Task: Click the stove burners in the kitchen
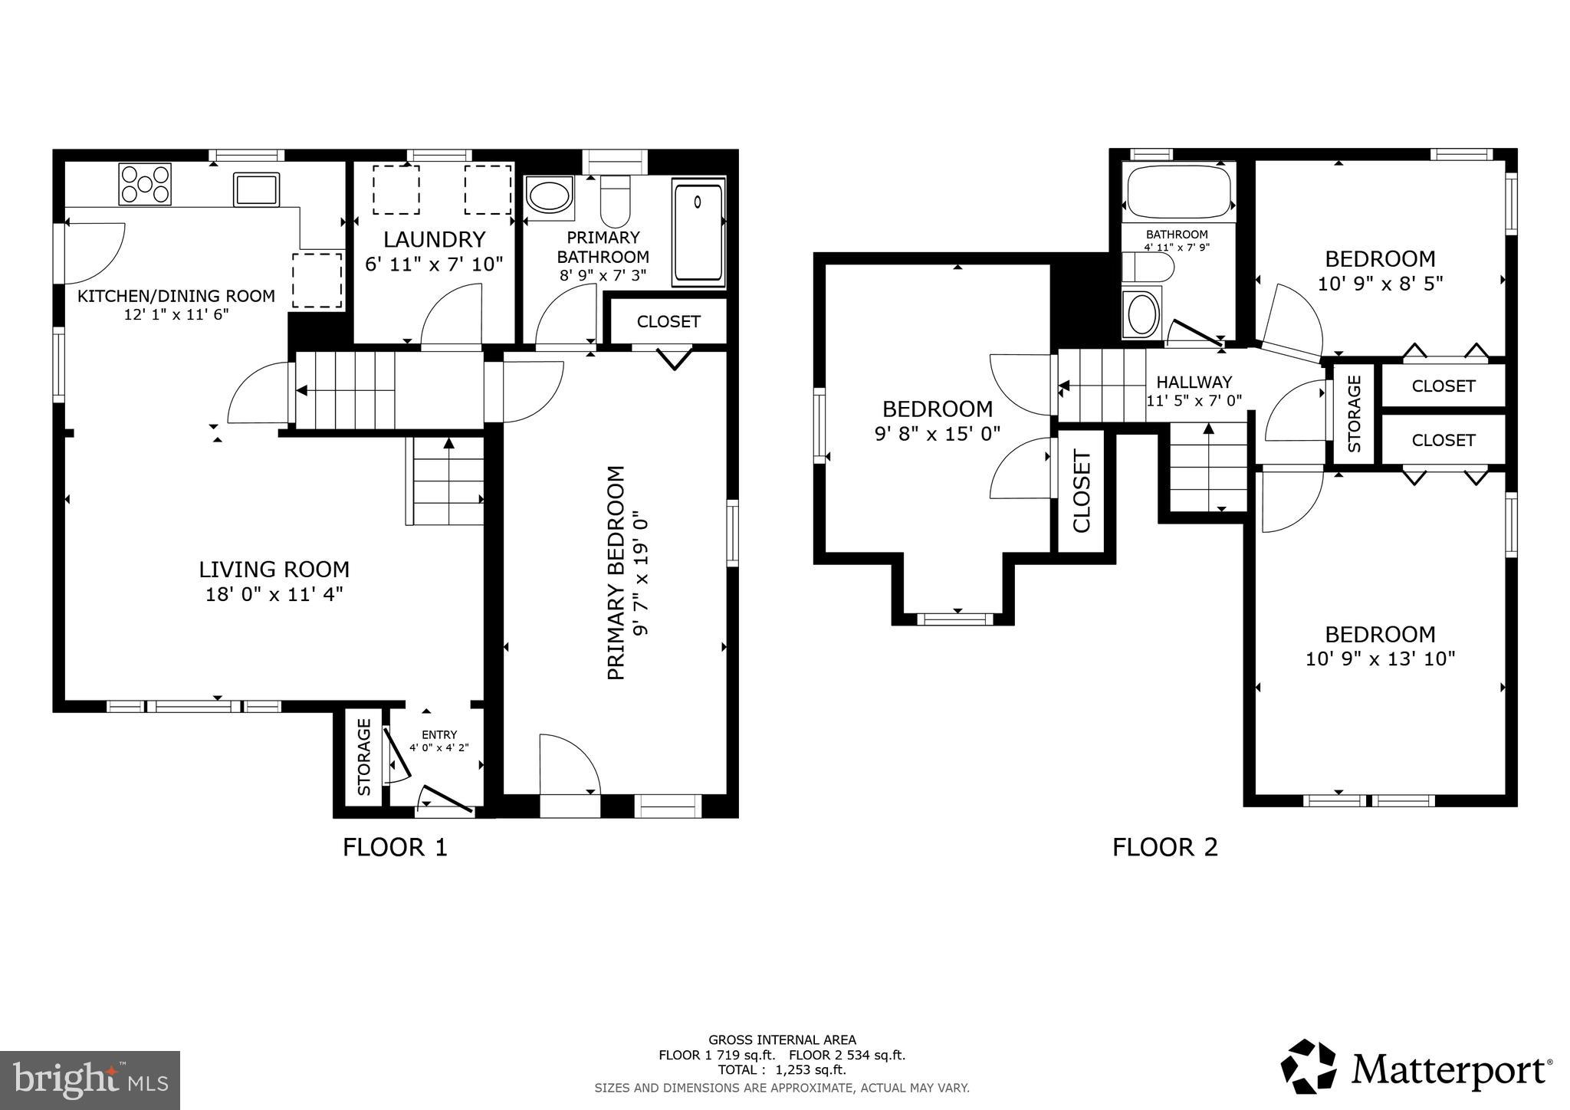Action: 145,184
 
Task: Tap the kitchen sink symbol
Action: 256,189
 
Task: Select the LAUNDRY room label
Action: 434,240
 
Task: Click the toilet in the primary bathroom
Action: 614,201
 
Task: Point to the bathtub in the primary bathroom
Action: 698,232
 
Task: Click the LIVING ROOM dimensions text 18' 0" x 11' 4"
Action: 274,594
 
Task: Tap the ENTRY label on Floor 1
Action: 438,734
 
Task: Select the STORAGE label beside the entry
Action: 364,757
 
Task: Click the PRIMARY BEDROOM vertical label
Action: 616,572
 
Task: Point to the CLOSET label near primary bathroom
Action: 668,322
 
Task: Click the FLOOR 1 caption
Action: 394,847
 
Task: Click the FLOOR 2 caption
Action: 1164,847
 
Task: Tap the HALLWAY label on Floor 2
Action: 1194,382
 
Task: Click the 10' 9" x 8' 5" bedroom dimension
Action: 1380,284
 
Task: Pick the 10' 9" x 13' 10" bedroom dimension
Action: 1380,658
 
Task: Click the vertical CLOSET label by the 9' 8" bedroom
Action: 1082,491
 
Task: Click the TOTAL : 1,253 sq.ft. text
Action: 782,1069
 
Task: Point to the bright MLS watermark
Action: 90,1080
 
